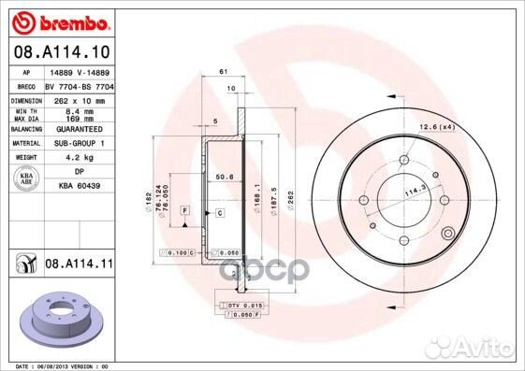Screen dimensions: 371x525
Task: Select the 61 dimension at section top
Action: pyautogui.click(x=224, y=72)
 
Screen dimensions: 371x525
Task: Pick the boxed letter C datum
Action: pyautogui.click(x=219, y=213)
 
